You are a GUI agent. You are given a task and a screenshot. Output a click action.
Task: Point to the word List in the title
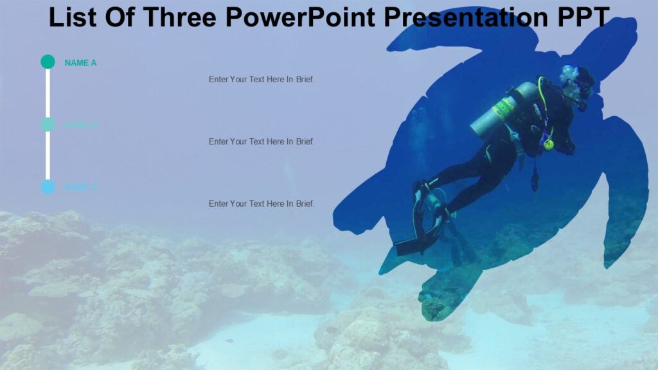point(71,17)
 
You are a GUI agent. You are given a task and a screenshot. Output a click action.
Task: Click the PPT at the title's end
point(582,17)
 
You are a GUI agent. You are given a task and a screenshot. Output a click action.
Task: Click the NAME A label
point(80,63)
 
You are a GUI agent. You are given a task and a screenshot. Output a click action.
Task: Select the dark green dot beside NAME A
point(48,62)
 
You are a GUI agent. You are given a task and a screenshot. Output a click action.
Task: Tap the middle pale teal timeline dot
point(48,124)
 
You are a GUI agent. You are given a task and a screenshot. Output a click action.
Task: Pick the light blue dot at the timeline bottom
point(48,187)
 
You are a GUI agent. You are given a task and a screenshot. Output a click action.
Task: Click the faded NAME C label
point(81,188)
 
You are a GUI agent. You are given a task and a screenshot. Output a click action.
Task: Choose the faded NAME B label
point(81,125)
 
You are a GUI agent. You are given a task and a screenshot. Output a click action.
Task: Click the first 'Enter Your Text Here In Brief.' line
point(262,80)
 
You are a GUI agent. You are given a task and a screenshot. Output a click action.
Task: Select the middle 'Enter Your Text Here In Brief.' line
point(262,141)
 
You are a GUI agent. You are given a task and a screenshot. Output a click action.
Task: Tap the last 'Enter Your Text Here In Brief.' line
point(262,204)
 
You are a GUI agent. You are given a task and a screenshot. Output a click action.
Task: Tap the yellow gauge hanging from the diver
point(548,145)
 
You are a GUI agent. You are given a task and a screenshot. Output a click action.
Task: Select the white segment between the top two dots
point(48,93)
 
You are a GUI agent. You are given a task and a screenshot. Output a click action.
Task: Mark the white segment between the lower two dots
point(48,155)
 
